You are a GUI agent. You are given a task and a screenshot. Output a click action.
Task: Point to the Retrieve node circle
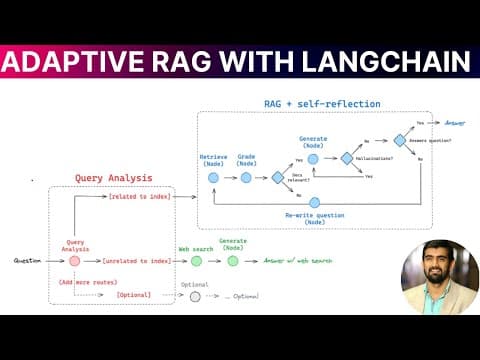[213, 177]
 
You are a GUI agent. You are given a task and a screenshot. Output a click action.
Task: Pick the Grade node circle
[245, 177]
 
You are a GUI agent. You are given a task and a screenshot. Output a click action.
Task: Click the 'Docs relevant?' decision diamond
[278, 177]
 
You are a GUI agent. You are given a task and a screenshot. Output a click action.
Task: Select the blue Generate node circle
[312, 157]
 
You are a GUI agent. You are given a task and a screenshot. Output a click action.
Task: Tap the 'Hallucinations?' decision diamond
[347, 158]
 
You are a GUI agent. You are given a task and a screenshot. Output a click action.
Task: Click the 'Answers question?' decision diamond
[399, 140]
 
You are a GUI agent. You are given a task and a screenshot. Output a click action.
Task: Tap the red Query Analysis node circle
[74, 261]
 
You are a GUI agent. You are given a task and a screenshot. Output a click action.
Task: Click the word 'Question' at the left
[28, 261]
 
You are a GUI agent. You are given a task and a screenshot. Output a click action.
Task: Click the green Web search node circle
[196, 261]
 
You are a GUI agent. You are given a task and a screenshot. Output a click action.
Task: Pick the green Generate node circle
[233, 261]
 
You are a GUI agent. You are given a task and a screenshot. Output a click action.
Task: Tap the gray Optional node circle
[196, 297]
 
